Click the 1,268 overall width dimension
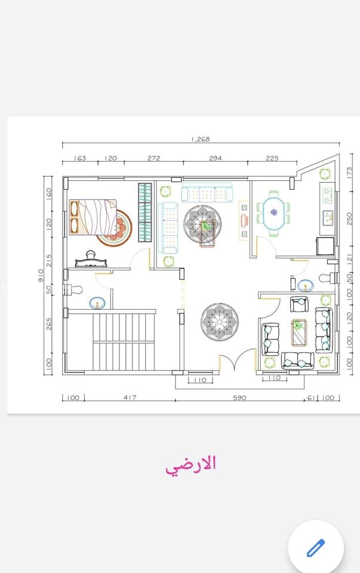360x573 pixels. pyautogui.click(x=201, y=139)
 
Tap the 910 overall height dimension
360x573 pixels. pyautogui.click(x=41, y=275)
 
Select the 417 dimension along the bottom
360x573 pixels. pyautogui.click(x=130, y=398)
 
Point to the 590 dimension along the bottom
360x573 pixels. pyautogui.click(x=239, y=398)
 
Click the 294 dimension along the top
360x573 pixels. pyautogui.click(x=216, y=158)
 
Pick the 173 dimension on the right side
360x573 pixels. pyautogui.click(x=349, y=172)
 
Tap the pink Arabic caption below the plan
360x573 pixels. pyautogui.click(x=190, y=465)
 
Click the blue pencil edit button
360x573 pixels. pyautogui.click(x=316, y=547)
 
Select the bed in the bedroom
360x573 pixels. pyautogui.click(x=94, y=217)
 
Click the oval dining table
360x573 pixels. pyautogui.click(x=274, y=214)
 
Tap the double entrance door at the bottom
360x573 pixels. pyautogui.click(x=237, y=359)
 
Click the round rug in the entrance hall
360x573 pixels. pyautogui.click(x=219, y=322)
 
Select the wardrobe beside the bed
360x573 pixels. pyautogui.click(x=144, y=212)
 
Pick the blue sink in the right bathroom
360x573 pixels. pyautogui.click(x=305, y=285)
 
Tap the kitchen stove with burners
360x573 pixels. pyautogui.click(x=327, y=196)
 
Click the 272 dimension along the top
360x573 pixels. pyautogui.click(x=154, y=158)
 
